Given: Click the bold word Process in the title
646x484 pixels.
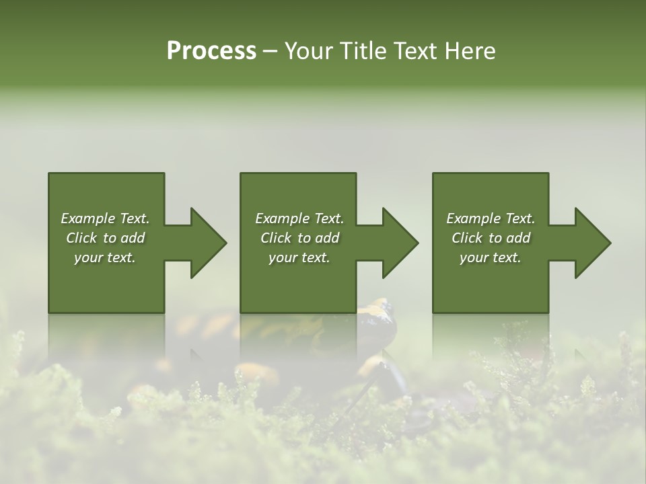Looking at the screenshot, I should tap(211, 51).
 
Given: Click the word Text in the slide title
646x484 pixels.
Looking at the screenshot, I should tap(410, 51).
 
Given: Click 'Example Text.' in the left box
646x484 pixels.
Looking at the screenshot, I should tap(105, 218).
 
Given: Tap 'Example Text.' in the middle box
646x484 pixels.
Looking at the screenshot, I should tap(299, 218).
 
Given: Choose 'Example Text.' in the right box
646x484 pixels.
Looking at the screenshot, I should tap(491, 218).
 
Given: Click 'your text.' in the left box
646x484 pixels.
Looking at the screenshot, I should tap(105, 257).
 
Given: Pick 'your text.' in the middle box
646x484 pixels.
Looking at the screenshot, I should tap(299, 257).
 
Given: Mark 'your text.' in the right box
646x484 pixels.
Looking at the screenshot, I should tap(491, 257).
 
